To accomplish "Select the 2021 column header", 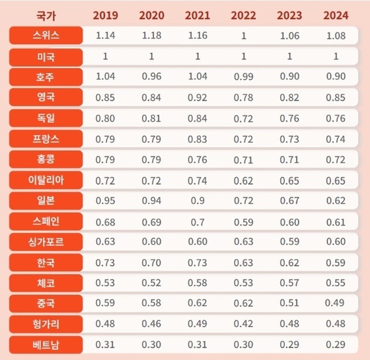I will click(x=198, y=15).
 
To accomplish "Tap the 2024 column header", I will click(x=336, y=15).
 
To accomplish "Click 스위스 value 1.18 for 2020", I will click(x=151, y=36).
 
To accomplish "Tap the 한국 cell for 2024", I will click(x=336, y=262).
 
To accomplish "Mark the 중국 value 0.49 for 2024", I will click(x=336, y=303).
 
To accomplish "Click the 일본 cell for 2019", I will click(x=105, y=200).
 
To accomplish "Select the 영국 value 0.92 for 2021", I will click(x=198, y=97).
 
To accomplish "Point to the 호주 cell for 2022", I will click(x=243, y=77).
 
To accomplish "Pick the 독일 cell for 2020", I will click(x=151, y=118).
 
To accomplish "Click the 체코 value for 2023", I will click(x=289, y=283).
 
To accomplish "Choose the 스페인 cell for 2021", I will click(x=198, y=221).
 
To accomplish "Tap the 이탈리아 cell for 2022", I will click(x=243, y=180).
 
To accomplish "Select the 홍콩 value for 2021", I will click(x=198, y=159).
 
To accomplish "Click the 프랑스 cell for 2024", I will click(x=336, y=139).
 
